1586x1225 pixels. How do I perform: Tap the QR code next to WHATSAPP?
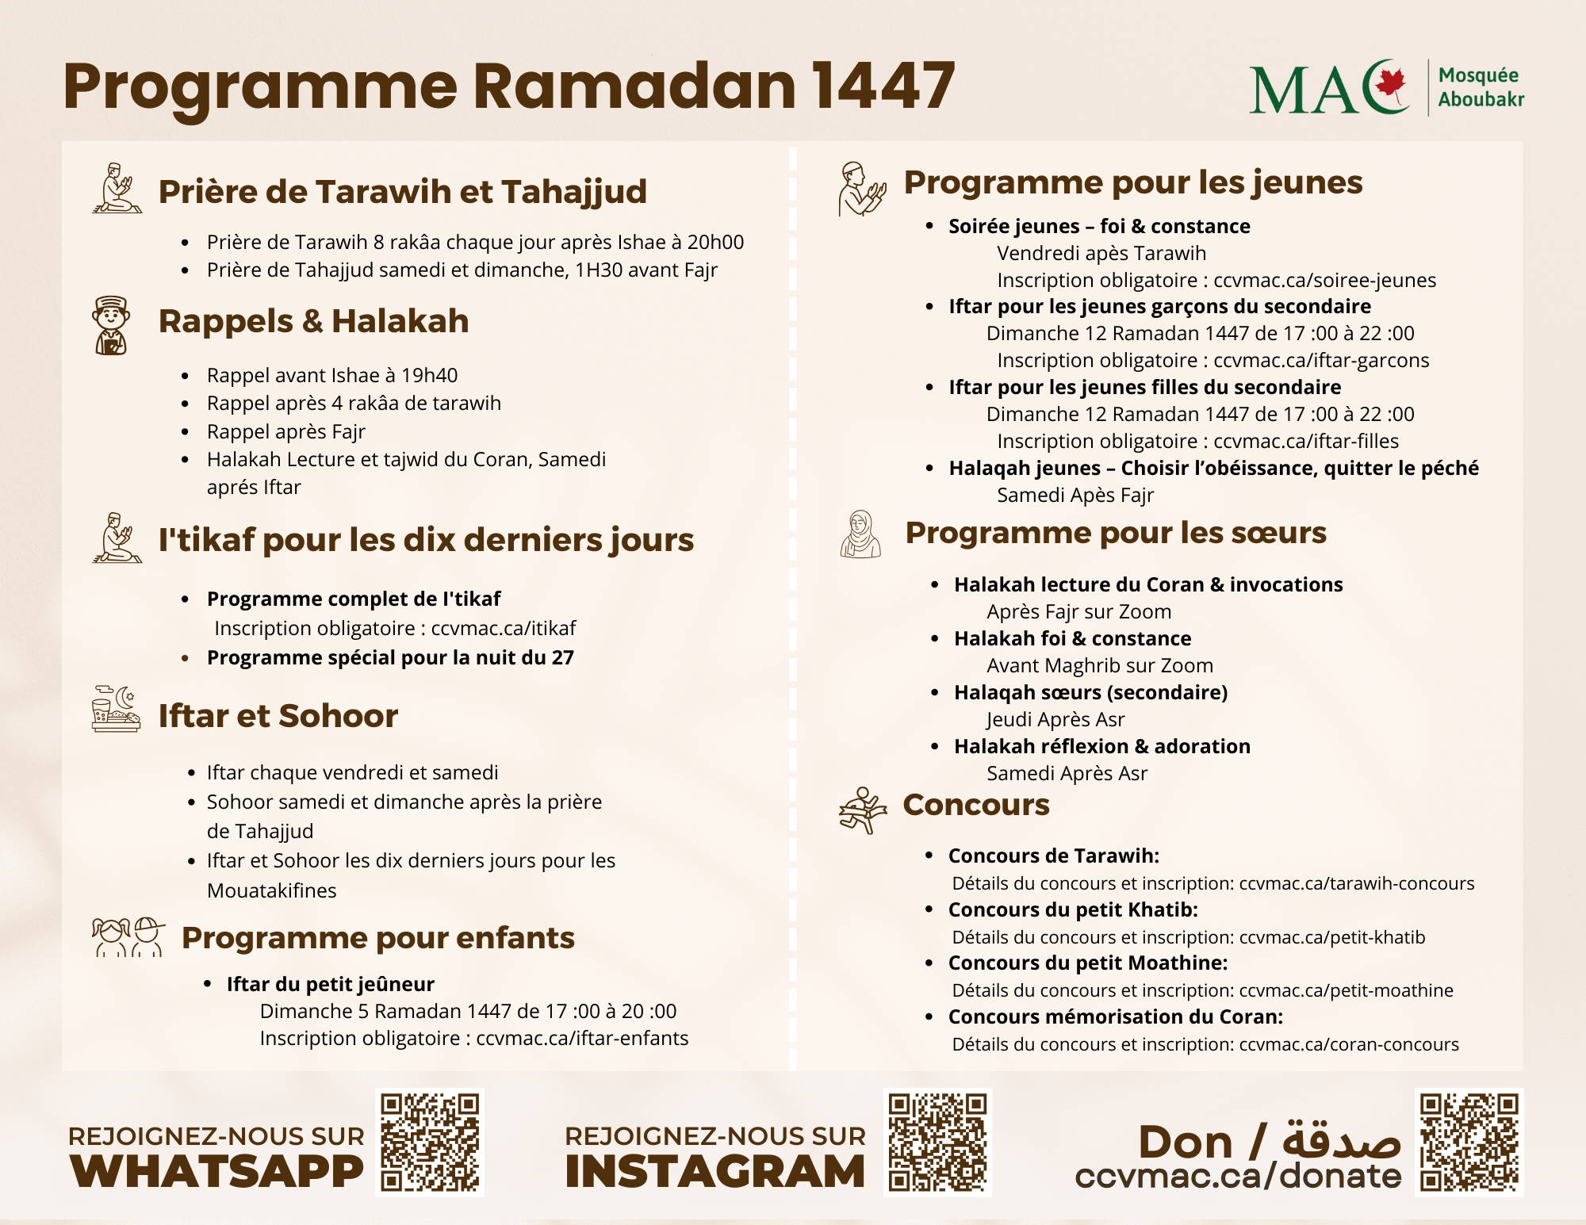pyautogui.click(x=430, y=1142)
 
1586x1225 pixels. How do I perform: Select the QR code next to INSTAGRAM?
pyautogui.click(x=937, y=1142)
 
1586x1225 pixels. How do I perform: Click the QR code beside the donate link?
pyautogui.click(x=1469, y=1142)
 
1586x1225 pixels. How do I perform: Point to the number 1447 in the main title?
pyautogui.click(x=883, y=86)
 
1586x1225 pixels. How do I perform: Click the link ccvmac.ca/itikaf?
pyautogui.click(x=504, y=629)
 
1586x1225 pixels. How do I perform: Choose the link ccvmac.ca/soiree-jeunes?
pyautogui.click(x=1324, y=281)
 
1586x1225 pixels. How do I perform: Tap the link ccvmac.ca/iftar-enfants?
pyautogui.click(x=582, y=1039)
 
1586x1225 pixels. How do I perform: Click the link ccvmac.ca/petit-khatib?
pyautogui.click(x=1331, y=937)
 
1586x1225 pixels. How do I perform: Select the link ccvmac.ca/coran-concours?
pyautogui.click(x=1348, y=1045)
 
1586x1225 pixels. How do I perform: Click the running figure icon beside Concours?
pyautogui.click(x=862, y=810)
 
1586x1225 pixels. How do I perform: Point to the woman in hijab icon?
pyautogui.click(x=860, y=534)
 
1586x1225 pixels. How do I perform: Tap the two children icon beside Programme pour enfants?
pyautogui.click(x=128, y=937)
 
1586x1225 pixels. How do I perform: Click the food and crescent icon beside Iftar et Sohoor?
pyautogui.click(x=116, y=709)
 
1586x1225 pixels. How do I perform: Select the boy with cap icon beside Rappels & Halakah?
pyautogui.click(x=110, y=325)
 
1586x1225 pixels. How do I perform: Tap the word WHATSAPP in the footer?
pyautogui.click(x=216, y=1172)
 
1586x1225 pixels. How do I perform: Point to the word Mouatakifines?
pyautogui.click(x=272, y=891)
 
